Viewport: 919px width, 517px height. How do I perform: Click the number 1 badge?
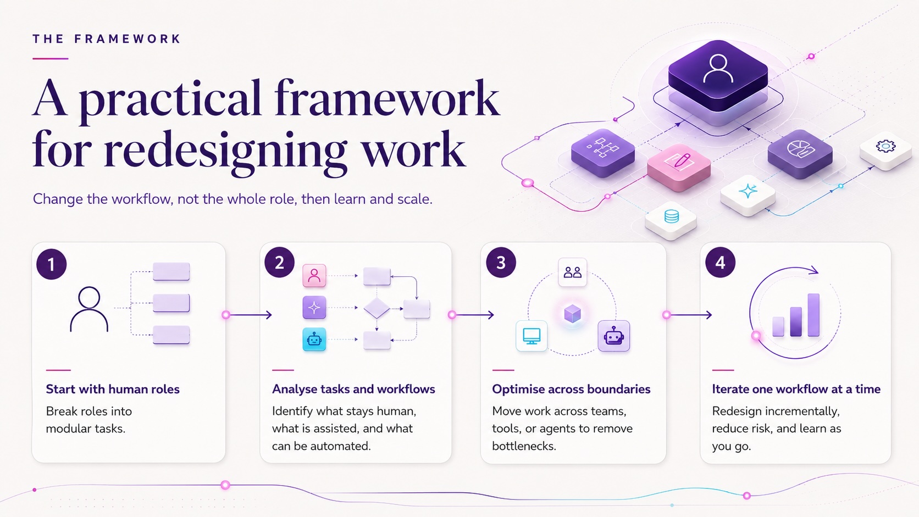(x=51, y=264)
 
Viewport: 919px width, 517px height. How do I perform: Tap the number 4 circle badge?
(x=721, y=263)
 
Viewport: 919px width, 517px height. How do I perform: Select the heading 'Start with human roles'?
(x=113, y=389)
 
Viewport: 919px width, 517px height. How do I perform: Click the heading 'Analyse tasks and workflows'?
(x=353, y=389)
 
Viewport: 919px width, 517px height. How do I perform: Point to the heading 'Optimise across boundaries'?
(x=571, y=389)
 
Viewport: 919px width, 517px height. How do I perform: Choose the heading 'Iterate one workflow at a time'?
(x=796, y=389)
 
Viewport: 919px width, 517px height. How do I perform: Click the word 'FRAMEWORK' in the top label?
(x=127, y=39)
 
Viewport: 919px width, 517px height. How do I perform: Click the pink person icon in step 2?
(x=314, y=275)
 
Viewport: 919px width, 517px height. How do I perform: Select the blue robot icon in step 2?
(x=314, y=339)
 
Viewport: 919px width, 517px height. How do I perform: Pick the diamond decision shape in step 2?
(x=377, y=308)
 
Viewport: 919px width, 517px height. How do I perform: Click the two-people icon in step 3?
(x=572, y=272)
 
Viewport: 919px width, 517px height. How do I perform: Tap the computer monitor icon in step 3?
(x=532, y=336)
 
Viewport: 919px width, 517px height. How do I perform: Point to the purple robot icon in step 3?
(x=614, y=336)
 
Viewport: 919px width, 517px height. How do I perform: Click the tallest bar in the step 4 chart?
(x=813, y=315)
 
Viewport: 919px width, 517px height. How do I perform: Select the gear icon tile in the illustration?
(x=886, y=152)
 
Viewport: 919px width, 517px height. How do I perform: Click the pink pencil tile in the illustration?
(x=679, y=167)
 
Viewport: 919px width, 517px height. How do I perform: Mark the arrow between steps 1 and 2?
(x=248, y=315)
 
